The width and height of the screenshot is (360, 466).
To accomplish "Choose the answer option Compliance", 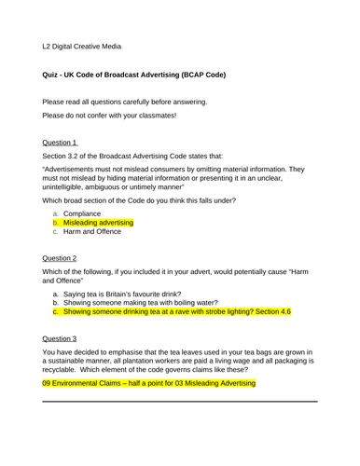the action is coord(90,213).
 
